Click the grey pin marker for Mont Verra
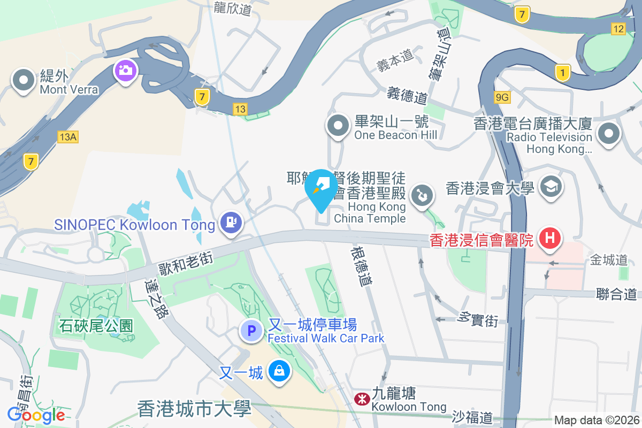pyautogui.click(x=23, y=81)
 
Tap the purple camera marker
pyautogui.click(x=125, y=70)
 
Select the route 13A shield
pyautogui.click(x=68, y=137)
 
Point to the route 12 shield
pyautogui.click(x=618, y=28)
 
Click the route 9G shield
pyautogui.click(x=502, y=97)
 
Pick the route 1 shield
pyautogui.click(x=563, y=72)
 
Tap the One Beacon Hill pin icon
pyautogui.click(x=338, y=126)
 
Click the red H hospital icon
pyautogui.click(x=549, y=238)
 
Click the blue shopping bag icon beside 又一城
pyautogui.click(x=279, y=371)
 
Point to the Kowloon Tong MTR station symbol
pyautogui.click(x=361, y=398)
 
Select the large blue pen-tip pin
pyautogui.click(x=321, y=188)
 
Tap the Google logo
pyautogui.click(x=36, y=415)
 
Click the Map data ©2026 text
pyautogui.click(x=597, y=421)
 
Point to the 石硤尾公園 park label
pyautogui.click(x=96, y=325)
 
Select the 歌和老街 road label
pyautogui.click(x=185, y=261)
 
